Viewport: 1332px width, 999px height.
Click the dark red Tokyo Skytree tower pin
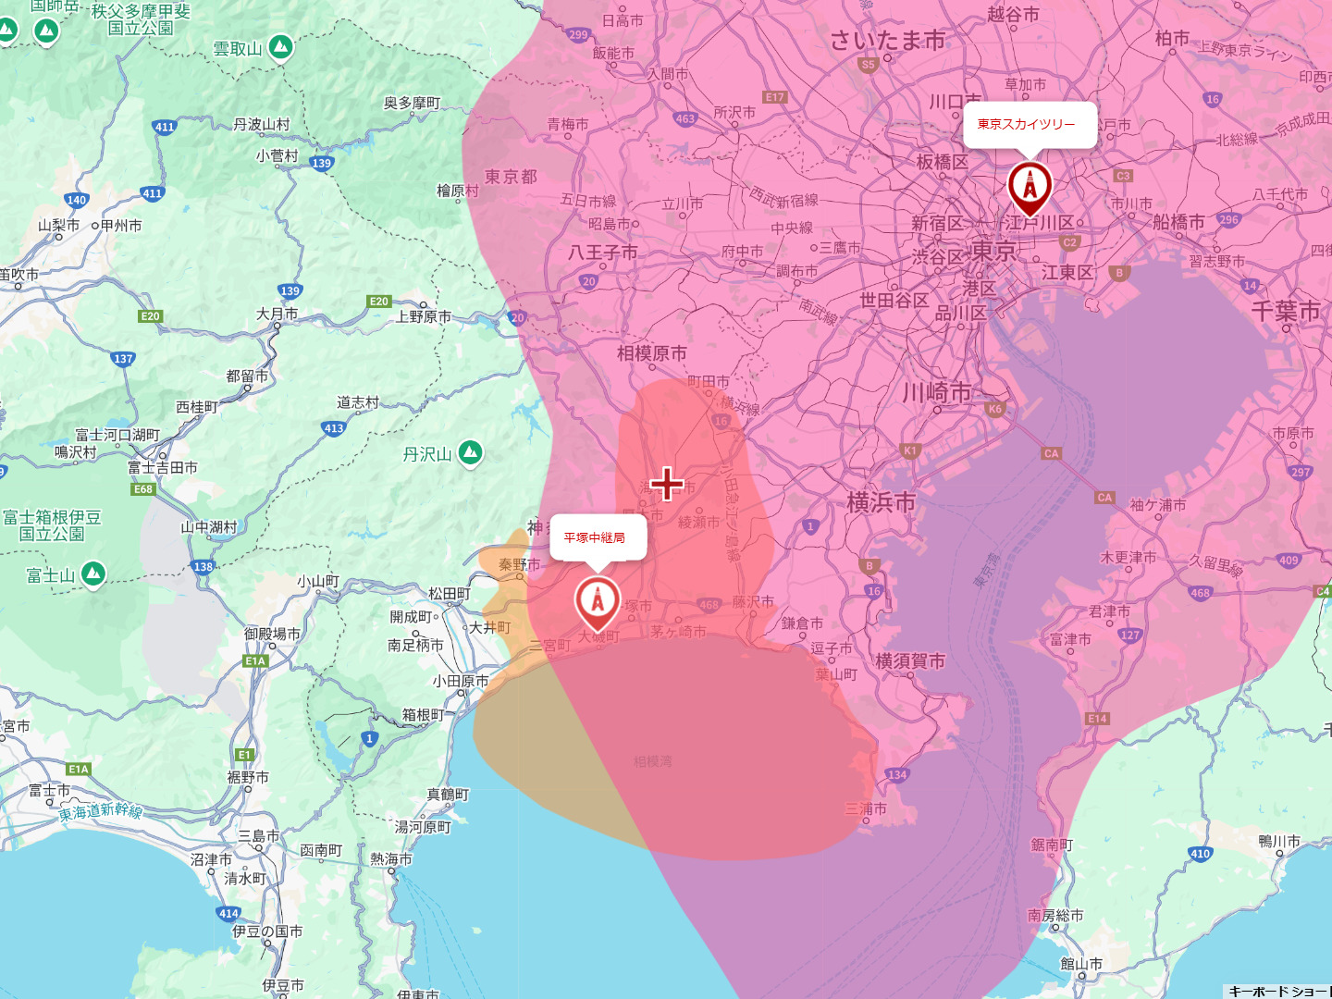(1030, 186)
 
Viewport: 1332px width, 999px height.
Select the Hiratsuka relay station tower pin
(598, 601)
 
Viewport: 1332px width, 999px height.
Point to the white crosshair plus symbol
(667, 484)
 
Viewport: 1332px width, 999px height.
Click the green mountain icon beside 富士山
(92, 574)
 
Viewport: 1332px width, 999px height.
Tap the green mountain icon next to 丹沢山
(471, 453)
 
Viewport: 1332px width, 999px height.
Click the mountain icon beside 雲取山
(280, 47)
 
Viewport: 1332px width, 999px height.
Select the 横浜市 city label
(881, 502)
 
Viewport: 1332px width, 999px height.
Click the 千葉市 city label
(1285, 312)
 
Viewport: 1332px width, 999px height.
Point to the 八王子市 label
(603, 253)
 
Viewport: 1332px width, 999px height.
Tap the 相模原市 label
(651, 353)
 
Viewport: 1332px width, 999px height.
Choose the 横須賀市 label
(910, 660)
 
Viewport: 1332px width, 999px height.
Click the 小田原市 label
(460, 681)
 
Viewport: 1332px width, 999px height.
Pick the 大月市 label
(277, 314)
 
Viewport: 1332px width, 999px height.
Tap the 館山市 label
(1080, 964)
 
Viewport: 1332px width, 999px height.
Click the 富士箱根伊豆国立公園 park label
(52, 525)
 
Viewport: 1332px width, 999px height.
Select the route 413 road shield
(334, 428)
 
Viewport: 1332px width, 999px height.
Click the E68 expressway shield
(143, 489)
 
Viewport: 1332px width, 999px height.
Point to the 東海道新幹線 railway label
(101, 812)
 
